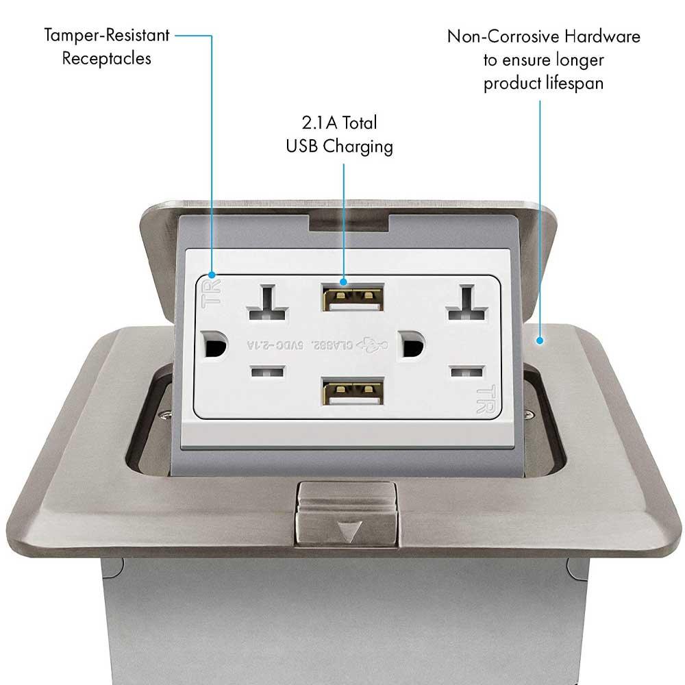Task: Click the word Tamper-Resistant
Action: tap(107, 34)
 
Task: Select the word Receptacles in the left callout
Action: tap(107, 58)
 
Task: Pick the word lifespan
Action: tap(573, 84)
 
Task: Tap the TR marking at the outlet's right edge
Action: tap(484, 400)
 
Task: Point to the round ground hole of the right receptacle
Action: tap(413, 344)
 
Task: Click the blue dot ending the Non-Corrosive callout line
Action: tap(540, 339)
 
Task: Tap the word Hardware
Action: tap(603, 36)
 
